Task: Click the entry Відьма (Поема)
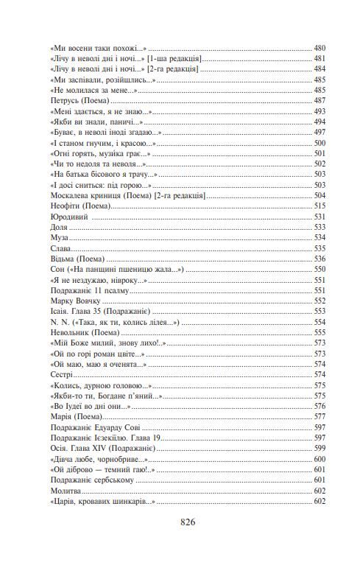click(77, 259)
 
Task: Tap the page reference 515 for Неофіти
click(320, 206)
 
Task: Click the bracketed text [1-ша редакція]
click(176, 57)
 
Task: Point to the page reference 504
click(320, 195)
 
